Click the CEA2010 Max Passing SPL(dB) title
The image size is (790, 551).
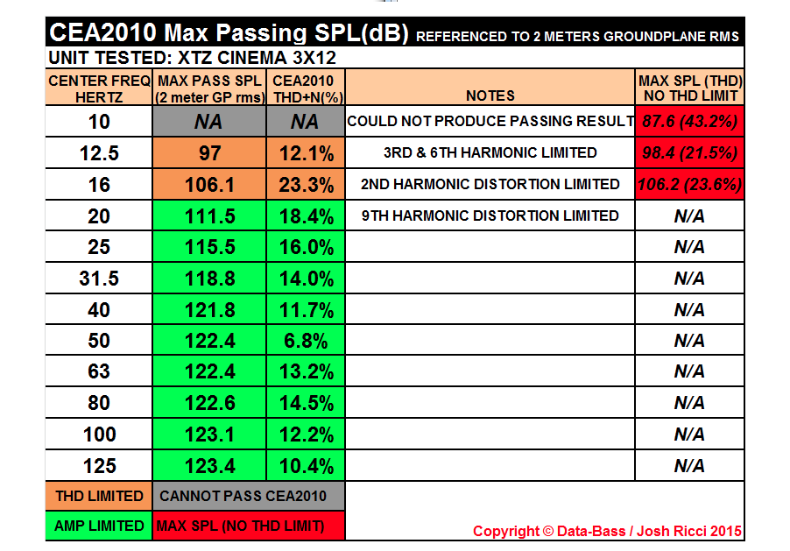[228, 34]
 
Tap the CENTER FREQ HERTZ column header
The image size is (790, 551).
[99, 88]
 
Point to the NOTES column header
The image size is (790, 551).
[490, 95]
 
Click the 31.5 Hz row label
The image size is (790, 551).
[99, 279]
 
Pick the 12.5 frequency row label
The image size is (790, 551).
[99, 153]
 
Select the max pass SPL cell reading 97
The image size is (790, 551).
[210, 153]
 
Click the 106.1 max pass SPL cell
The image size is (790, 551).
[210, 185]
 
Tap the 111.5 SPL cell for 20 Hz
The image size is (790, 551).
[210, 216]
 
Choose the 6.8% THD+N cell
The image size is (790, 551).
[307, 341]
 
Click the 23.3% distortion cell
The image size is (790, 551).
[307, 185]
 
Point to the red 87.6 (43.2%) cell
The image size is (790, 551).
[690, 121]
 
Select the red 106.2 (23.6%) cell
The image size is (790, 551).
[690, 185]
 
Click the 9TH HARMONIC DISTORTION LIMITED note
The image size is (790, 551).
[490, 215]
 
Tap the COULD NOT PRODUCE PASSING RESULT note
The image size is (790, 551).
[490, 121]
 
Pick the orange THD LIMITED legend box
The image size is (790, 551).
[99, 496]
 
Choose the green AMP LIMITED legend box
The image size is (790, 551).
[99, 526]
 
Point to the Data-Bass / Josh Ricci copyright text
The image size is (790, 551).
[606, 531]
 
